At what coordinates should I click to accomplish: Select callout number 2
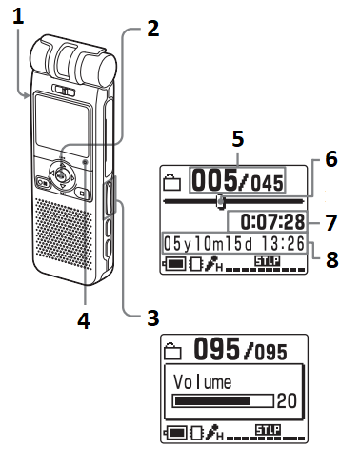pyautogui.click(x=152, y=29)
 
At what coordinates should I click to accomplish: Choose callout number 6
pyautogui.click(x=330, y=159)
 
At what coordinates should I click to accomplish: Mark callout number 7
pyautogui.click(x=330, y=222)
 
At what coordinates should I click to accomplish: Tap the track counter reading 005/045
pyautogui.click(x=239, y=180)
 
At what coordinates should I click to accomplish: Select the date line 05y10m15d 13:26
pyautogui.click(x=233, y=243)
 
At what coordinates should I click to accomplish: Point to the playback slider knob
pyautogui.click(x=221, y=201)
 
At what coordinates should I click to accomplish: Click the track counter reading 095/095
pyautogui.click(x=239, y=350)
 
